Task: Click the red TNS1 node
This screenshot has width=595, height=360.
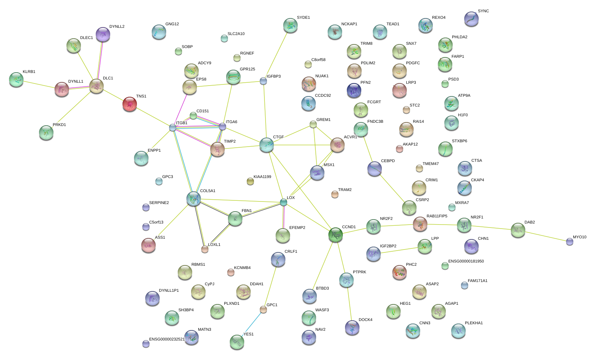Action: tap(130, 104)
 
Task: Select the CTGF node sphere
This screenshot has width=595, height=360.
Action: tap(267, 145)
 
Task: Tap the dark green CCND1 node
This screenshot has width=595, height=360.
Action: tap(336, 235)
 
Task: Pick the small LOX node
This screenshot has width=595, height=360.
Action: tap(284, 202)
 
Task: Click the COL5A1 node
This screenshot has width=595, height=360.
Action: tap(194, 199)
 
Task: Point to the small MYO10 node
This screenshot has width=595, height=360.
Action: tap(570, 242)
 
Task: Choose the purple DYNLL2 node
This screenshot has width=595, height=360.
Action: tap(103, 34)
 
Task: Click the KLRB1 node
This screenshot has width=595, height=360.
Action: tap(16, 79)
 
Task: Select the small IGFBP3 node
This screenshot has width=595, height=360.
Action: tap(263, 81)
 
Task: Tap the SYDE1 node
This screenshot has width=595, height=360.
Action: tap(290, 25)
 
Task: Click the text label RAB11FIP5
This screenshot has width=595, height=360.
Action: tap(437, 216)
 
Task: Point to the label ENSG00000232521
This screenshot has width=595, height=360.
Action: tap(167, 339)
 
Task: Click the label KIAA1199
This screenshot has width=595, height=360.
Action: tap(262, 177)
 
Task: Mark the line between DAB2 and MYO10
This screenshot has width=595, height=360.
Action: tap(544, 235)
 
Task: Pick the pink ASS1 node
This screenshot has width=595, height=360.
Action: tap(148, 245)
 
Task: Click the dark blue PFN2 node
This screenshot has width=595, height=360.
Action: tap(354, 90)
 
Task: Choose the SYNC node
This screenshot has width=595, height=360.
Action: tap(471, 19)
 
